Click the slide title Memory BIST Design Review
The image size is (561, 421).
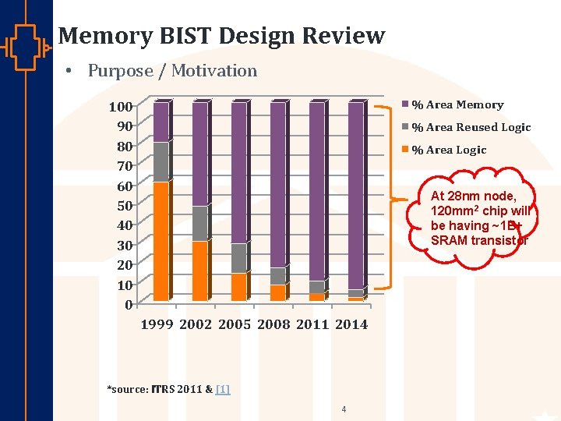[x=221, y=36]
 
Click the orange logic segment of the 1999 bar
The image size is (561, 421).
[x=161, y=241]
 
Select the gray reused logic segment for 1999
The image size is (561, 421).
[x=161, y=162]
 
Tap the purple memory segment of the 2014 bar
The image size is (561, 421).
[x=355, y=195]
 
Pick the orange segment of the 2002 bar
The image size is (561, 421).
[x=199, y=271]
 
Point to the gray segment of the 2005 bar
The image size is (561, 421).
[x=238, y=258]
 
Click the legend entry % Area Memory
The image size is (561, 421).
[x=457, y=104]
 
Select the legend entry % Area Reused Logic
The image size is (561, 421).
[x=471, y=127]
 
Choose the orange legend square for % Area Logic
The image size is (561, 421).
[x=405, y=150]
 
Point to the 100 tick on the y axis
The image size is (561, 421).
[x=121, y=106]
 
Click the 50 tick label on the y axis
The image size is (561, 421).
[x=125, y=206]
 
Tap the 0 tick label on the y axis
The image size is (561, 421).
[x=129, y=305]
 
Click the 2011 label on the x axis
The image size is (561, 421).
[x=312, y=324]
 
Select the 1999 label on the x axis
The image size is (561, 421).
[x=157, y=324]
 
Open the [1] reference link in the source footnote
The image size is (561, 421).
[x=223, y=388]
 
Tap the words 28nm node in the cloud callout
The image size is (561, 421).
[x=482, y=196]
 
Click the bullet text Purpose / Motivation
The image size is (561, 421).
[x=172, y=71]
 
